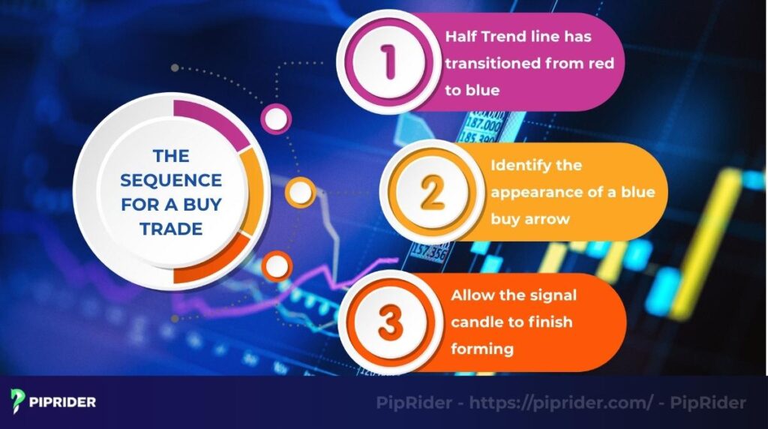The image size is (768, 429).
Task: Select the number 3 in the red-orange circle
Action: [391, 322]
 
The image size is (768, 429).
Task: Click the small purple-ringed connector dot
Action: [275, 118]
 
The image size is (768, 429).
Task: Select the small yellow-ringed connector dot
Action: [301, 193]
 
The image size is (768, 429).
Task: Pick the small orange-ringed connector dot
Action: [276, 265]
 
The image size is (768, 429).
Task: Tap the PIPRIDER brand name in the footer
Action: [64, 402]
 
